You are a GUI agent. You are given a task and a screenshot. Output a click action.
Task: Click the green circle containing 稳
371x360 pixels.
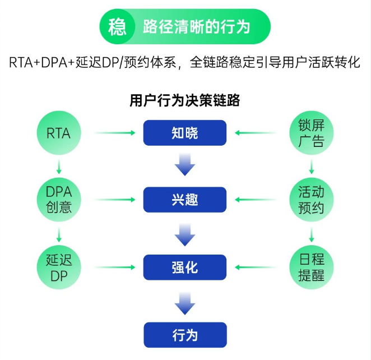click(x=117, y=26)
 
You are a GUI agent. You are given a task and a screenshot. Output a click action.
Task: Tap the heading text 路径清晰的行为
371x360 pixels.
click(x=196, y=27)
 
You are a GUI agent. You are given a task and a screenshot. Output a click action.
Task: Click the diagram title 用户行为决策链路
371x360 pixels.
click(x=185, y=100)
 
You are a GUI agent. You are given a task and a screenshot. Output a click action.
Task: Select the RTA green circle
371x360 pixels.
click(x=59, y=133)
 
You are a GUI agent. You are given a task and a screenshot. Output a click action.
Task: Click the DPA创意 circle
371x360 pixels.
click(x=59, y=200)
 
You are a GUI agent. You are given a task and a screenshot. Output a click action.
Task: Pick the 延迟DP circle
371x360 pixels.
click(x=59, y=267)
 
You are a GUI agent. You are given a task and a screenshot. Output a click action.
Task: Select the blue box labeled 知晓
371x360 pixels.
click(x=185, y=133)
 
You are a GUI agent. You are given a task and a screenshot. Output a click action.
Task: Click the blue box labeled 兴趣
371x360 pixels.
click(x=185, y=200)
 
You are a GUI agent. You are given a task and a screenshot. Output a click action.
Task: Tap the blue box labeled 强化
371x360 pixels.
click(x=185, y=267)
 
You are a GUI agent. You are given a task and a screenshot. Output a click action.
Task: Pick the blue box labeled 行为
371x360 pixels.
click(x=185, y=335)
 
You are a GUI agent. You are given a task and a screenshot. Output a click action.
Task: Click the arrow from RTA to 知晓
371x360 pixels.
click(x=115, y=133)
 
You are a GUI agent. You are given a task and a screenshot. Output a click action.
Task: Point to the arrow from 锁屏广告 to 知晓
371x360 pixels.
click(x=256, y=133)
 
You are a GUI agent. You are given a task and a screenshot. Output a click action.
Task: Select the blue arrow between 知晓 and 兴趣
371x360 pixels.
click(x=185, y=166)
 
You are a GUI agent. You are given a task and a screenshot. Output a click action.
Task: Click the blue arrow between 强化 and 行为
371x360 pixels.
click(x=185, y=302)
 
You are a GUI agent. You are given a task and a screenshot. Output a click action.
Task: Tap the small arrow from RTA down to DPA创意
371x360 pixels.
click(x=59, y=167)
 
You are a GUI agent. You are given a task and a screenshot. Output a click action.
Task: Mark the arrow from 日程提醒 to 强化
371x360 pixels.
click(x=256, y=267)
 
